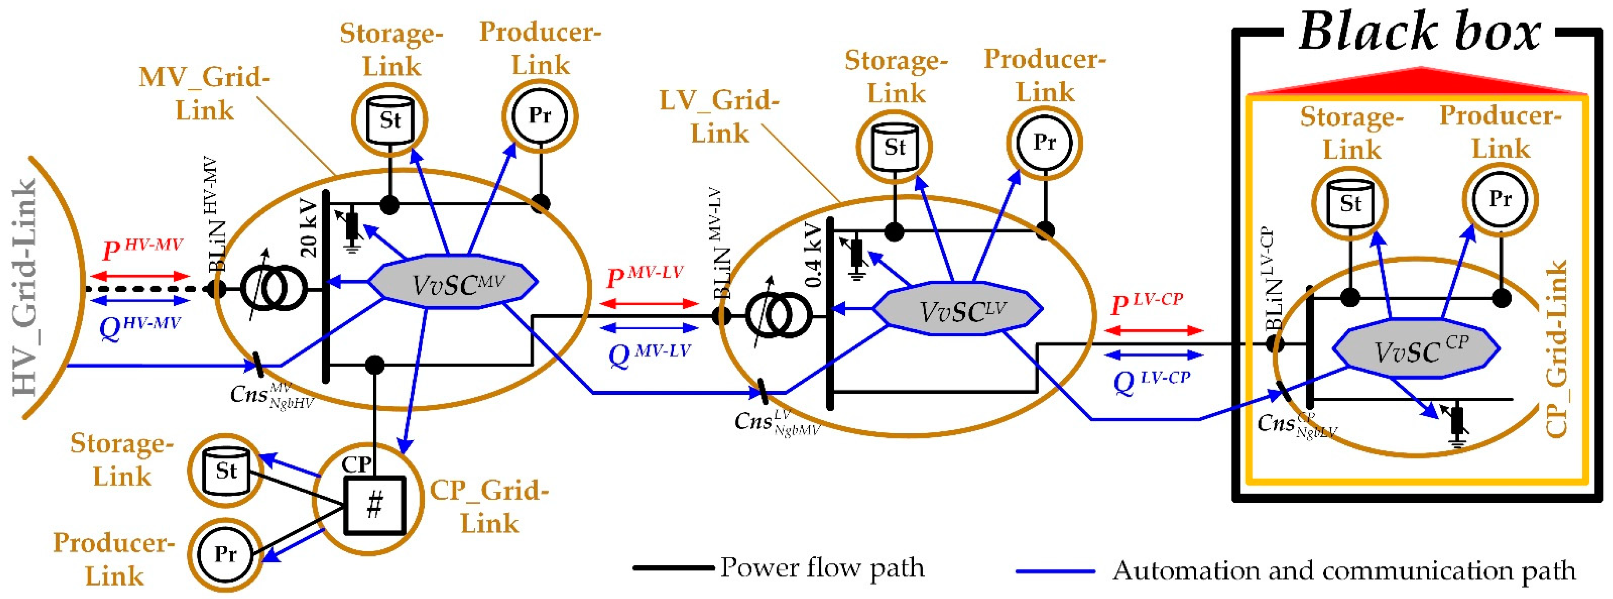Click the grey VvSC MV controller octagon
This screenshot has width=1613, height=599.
coord(452,282)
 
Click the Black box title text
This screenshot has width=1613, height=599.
coord(1418,31)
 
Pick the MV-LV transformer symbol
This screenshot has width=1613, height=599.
coord(779,315)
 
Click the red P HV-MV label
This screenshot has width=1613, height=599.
coord(142,249)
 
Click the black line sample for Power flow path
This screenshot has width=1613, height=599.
coord(673,568)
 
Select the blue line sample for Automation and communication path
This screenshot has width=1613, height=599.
coord(1055,571)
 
